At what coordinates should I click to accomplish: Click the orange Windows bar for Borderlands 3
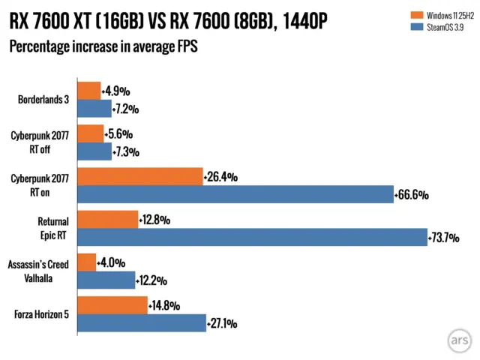pyautogui.click(x=88, y=91)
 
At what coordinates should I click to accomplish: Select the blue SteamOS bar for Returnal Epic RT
pyautogui.click(x=252, y=238)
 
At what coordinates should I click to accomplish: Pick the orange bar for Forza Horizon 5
pyautogui.click(x=112, y=305)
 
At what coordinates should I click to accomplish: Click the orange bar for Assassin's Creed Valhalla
pyautogui.click(x=86, y=262)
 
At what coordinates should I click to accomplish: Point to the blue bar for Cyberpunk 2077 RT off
pyautogui.click(x=94, y=151)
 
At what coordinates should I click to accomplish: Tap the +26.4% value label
pyautogui.click(x=220, y=178)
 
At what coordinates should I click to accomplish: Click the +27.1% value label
pyautogui.click(x=222, y=324)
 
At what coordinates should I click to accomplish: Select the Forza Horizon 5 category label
pyautogui.click(x=42, y=314)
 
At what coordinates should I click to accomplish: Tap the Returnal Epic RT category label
pyautogui.click(x=52, y=228)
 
